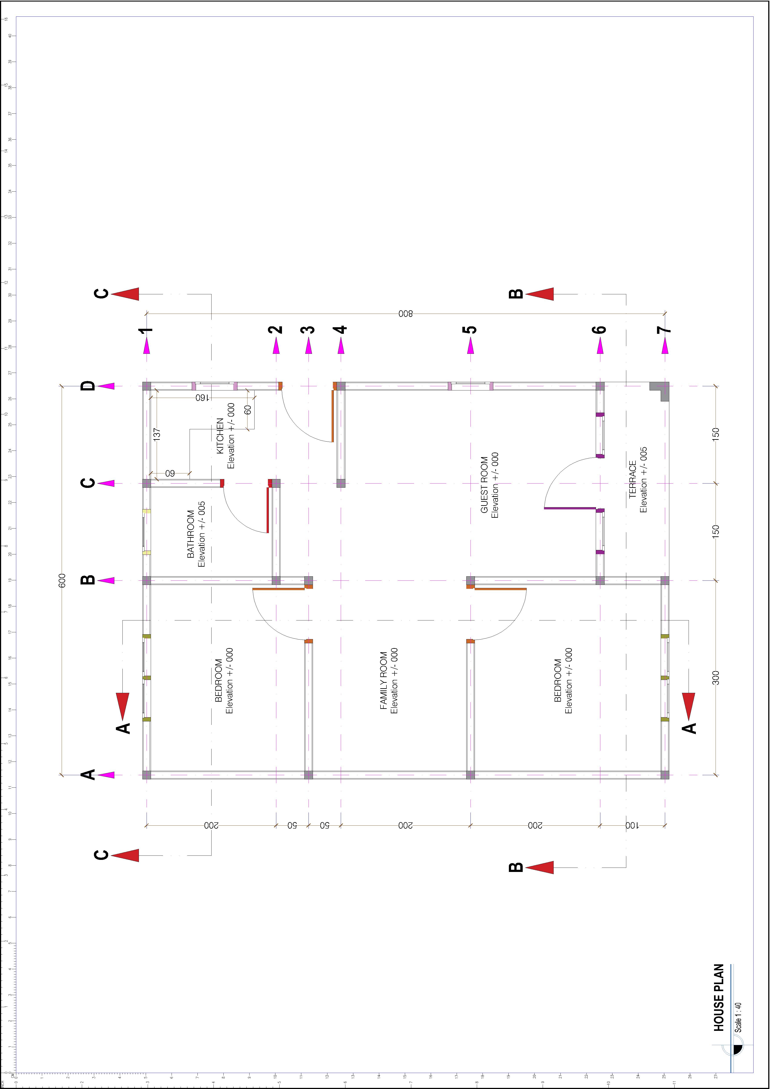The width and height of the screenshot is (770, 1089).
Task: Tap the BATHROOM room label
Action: [x=191, y=534]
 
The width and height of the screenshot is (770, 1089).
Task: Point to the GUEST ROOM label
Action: [x=484, y=485]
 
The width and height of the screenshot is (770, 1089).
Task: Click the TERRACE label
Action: [x=632, y=480]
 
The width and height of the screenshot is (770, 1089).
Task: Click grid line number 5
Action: [x=470, y=330]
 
